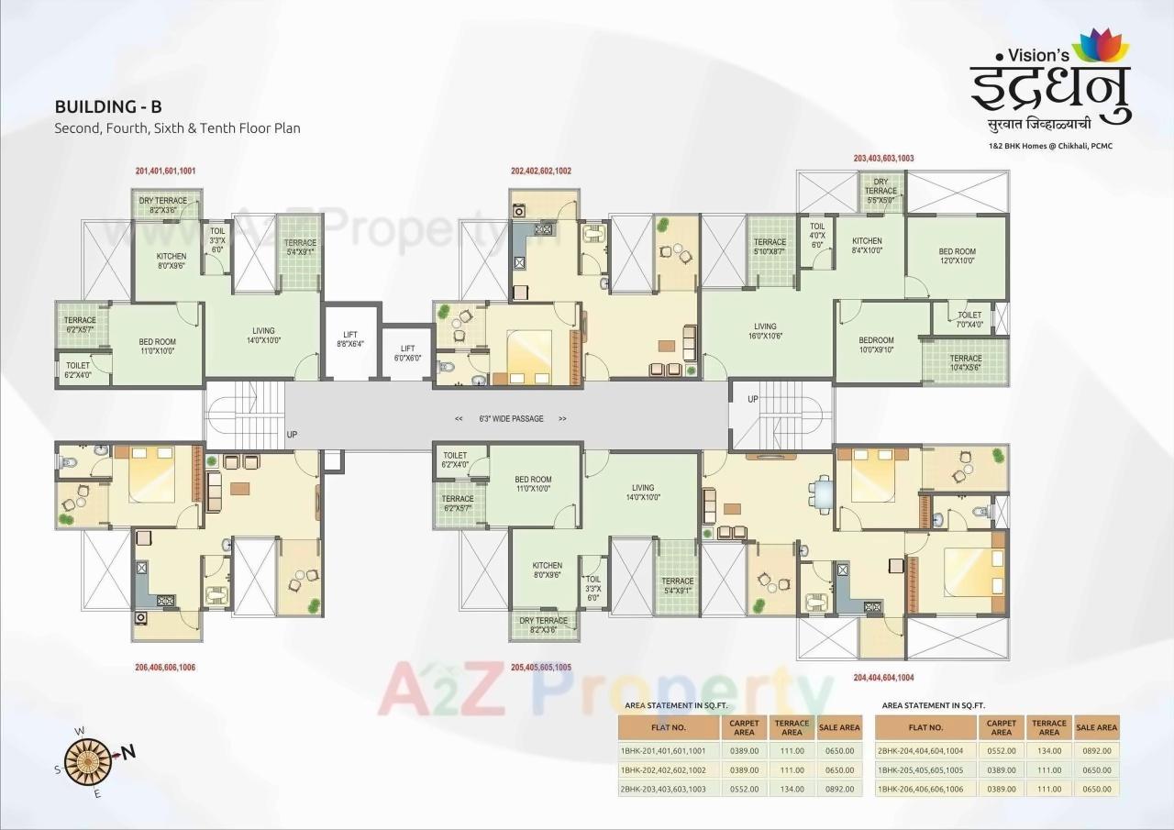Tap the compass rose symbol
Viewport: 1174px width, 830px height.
click(90, 758)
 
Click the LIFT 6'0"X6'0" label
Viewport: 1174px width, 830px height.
click(407, 353)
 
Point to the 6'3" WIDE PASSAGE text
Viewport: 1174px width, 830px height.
click(511, 418)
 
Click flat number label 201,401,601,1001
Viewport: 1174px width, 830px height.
click(165, 171)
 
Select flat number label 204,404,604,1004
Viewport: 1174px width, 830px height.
click(883, 678)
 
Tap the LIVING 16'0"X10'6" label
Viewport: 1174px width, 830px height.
click(765, 331)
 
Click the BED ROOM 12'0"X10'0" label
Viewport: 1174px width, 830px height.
click(957, 256)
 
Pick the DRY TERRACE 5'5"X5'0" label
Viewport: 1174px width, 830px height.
click(880, 191)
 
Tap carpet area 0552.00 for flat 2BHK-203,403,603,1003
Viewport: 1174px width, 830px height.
click(744, 789)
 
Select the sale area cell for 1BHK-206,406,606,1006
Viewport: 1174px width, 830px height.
click(1096, 789)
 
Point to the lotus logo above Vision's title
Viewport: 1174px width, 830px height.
click(1101, 47)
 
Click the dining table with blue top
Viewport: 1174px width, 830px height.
click(822, 494)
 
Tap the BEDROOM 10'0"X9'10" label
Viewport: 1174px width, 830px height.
click(876, 345)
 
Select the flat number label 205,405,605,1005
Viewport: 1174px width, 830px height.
click(541, 667)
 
